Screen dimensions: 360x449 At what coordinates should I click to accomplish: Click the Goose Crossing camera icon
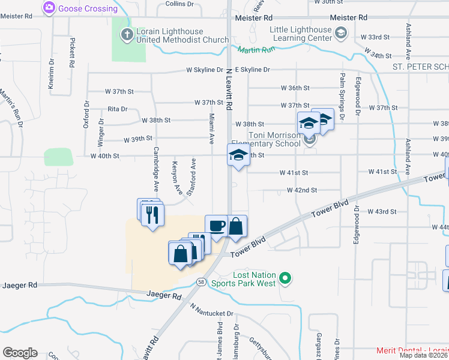pyautogui.click(x=49, y=8)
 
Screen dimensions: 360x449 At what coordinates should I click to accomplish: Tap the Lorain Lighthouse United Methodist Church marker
pyautogui.click(x=127, y=35)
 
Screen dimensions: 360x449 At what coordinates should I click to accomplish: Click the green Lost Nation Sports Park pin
pyautogui.click(x=286, y=278)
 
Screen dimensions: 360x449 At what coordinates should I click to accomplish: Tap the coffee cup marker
pyautogui.click(x=217, y=226)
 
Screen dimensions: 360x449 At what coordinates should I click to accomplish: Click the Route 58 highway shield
pyautogui.click(x=199, y=281)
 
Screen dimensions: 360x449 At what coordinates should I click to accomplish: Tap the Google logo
pyautogui.click(x=20, y=353)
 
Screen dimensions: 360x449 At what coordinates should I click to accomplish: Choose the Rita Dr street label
pyautogui.click(x=117, y=109)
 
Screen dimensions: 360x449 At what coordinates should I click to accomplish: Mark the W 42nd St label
pyautogui.click(x=301, y=190)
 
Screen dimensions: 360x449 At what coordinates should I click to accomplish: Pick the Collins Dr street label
pyautogui.click(x=179, y=4)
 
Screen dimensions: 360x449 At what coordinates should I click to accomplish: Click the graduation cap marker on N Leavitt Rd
pyautogui.click(x=238, y=155)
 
